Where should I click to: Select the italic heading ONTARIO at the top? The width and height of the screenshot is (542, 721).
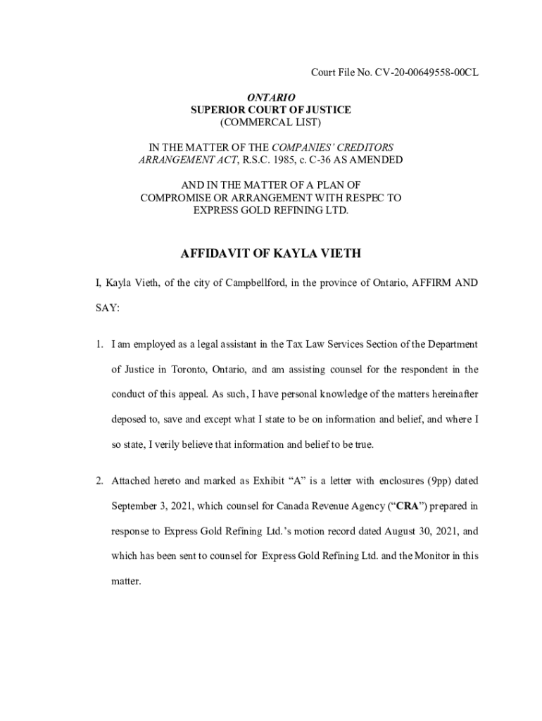tap(271, 97)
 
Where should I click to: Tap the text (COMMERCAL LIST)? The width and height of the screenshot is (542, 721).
tap(271, 123)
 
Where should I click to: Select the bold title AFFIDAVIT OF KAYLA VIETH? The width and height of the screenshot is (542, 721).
tap(271, 253)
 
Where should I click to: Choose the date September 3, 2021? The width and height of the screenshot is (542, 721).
tap(153, 506)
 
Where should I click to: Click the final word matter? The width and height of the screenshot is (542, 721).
tap(126, 582)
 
